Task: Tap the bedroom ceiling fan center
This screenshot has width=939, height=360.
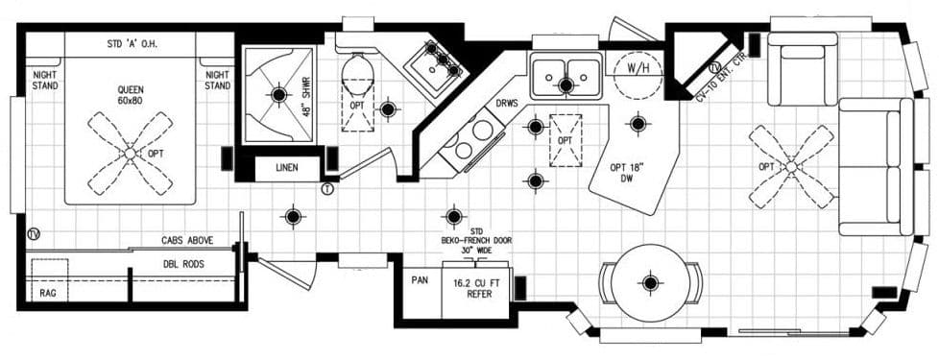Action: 130,152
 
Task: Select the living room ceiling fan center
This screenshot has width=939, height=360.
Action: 790,166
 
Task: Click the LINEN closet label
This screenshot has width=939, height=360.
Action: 286,167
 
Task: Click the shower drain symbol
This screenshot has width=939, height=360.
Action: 279,94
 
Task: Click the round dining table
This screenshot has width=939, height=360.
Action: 651,282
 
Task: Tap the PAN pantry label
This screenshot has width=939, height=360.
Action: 420,281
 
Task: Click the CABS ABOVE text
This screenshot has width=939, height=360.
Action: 186,240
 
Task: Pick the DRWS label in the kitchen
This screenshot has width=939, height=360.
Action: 508,103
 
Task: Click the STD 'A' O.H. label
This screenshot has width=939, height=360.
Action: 132,44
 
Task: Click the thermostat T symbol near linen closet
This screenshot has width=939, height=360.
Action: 327,189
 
